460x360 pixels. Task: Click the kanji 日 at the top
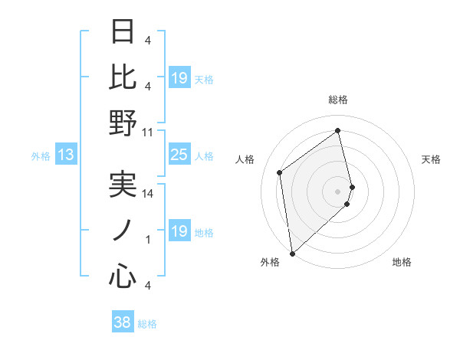tap(123, 34)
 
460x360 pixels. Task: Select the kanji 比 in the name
tap(123, 77)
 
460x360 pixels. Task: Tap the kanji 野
tap(123, 123)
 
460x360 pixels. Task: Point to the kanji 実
tap(123, 184)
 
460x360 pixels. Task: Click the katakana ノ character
tap(123, 229)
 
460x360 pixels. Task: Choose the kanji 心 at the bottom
tap(123, 274)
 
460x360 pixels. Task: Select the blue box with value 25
tap(179, 155)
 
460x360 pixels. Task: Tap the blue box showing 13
tap(66, 155)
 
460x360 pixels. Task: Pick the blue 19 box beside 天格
tap(179, 77)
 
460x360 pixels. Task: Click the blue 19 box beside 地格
tap(179, 231)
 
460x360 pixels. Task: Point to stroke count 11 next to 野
tap(148, 132)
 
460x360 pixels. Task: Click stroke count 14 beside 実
tap(148, 194)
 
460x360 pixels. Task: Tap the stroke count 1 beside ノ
tap(148, 240)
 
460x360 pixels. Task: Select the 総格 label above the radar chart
tap(337, 100)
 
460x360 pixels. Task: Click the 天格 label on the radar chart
tap(431, 159)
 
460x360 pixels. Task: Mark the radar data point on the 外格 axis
tap(292, 254)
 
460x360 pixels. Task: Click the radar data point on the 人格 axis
tap(280, 172)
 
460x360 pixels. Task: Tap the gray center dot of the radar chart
tap(337, 191)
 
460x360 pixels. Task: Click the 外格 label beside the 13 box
tap(41, 156)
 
